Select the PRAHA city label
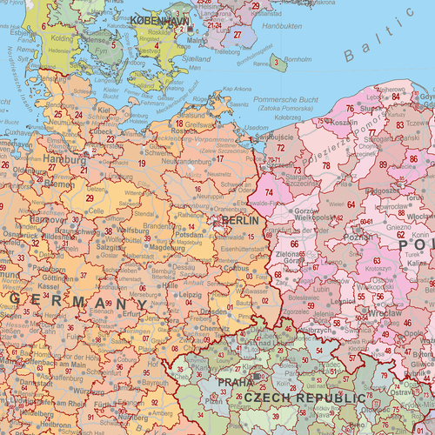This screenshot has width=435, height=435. [x=236, y=382]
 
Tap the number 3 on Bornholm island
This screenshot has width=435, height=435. [x=276, y=61]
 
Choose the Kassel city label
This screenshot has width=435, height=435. [x=49, y=286]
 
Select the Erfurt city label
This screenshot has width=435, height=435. [x=131, y=316]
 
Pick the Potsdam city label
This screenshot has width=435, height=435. [x=189, y=236]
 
